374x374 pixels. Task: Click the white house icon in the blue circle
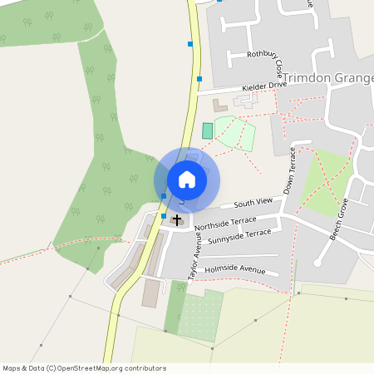coord(187,179)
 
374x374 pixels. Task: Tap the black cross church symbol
coord(176,219)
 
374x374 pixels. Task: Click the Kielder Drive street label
coord(263,86)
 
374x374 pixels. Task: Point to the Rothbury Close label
coord(265,59)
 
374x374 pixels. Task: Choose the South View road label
coord(253,203)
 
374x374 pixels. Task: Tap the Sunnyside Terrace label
coord(239,236)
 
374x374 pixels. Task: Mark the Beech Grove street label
coord(342,221)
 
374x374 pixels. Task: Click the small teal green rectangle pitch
coord(207,130)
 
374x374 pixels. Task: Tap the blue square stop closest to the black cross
coord(164,216)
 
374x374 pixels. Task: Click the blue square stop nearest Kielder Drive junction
coord(199,79)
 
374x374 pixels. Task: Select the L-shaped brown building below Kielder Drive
coord(219,106)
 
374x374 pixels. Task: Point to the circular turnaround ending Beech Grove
coord(317,263)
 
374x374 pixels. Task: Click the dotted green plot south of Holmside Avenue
coord(199,316)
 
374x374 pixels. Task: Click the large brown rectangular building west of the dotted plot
coord(151,293)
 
